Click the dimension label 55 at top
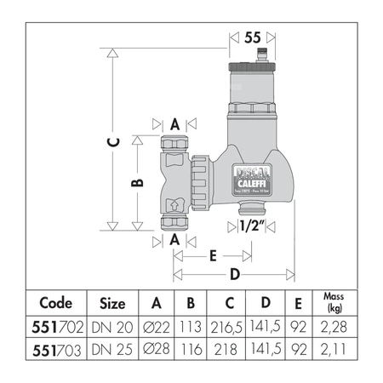pos(252,38)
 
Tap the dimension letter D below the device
pos(235,274)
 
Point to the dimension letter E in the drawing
pos(212,254)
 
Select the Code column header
pos(63,302)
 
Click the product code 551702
pos(63,327)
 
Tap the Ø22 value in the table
pos(155,327)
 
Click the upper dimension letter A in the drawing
pos(174,123)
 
